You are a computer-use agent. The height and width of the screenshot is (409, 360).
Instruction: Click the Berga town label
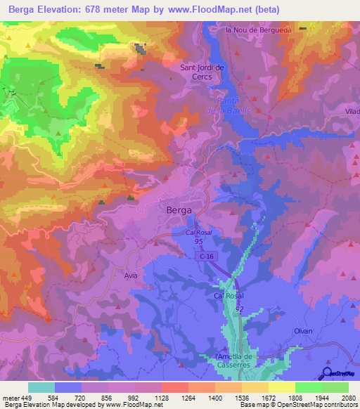[180, 209]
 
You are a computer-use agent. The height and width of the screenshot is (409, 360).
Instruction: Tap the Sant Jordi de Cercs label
[202, 72]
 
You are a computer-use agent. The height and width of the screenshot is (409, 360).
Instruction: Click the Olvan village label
[303, 330]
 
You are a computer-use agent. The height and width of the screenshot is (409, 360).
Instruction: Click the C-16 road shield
[205, 258]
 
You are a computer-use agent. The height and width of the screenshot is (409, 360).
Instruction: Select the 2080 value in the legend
[348, 397]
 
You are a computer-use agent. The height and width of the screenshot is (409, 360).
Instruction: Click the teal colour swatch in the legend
[41, 387]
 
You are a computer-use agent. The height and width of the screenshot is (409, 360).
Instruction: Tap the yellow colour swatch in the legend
[281, 387]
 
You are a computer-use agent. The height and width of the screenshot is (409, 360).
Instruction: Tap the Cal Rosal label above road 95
[200, 232]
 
